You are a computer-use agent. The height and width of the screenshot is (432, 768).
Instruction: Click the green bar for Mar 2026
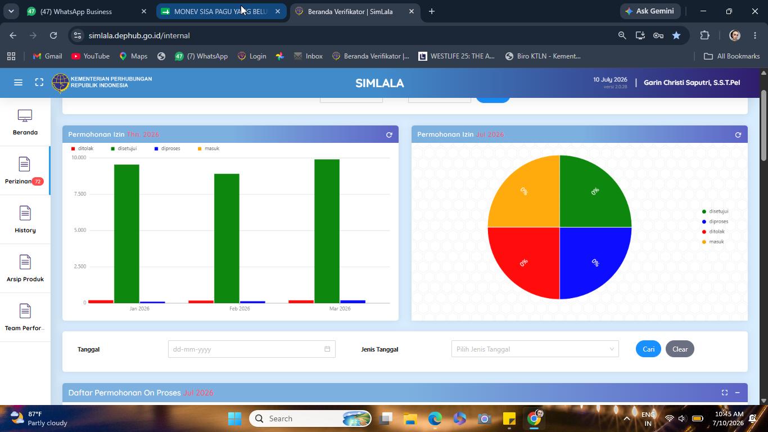pos(327,231)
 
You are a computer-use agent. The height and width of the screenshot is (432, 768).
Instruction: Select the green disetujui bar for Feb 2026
pos(227,238)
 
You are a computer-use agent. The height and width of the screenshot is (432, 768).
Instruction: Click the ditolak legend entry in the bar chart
pos(82,148)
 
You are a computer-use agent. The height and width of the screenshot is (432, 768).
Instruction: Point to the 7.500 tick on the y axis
pos(80,194)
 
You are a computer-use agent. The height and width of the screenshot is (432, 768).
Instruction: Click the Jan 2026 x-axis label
pos(139,308)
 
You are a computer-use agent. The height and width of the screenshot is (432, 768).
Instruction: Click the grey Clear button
pos(680,349)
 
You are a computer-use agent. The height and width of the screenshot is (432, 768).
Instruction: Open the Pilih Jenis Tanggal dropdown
pos(535,349)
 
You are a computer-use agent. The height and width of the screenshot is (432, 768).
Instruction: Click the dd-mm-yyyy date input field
pos(252,349)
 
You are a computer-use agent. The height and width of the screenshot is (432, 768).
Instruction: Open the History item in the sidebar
pos(25,219)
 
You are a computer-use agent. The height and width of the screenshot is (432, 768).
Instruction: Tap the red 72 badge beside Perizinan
pos(38,182)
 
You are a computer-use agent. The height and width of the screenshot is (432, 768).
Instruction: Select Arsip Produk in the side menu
pos(25,268)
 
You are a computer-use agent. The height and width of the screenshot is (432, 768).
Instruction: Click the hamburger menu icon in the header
pos(18,82)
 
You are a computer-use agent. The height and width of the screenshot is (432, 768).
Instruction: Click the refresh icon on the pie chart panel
pos(738,135)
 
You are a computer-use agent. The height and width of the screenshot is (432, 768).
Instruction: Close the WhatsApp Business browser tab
pos(144,11)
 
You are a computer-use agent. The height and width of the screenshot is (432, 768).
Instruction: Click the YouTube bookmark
pos(91,56)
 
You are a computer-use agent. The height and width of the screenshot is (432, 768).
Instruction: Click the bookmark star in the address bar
pos(676,35)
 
